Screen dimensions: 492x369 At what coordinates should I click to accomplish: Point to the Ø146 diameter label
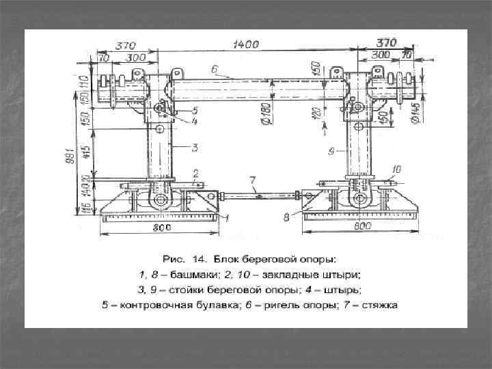(x=415, y=111)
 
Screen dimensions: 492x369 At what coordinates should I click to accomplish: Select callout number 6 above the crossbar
(x=214, y=69)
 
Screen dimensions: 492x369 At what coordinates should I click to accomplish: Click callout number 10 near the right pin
(x=396, y=168)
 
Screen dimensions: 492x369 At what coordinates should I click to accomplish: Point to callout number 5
(x=195, y=109)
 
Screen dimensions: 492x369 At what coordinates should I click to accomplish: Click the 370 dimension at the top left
(x=125, y=45)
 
